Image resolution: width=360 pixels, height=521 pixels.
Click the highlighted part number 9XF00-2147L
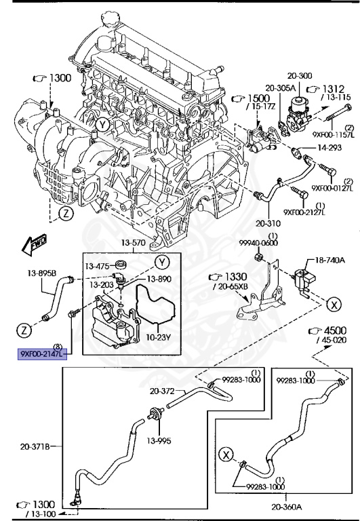click(41, 353)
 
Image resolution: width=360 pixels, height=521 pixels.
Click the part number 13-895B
click(41, 274)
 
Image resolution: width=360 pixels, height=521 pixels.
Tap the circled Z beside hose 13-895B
click(24, 330)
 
